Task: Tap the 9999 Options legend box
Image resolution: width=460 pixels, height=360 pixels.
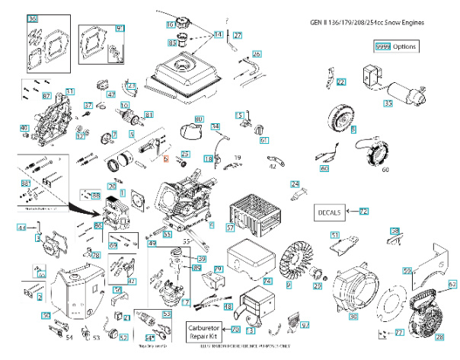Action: [x=396, y=46]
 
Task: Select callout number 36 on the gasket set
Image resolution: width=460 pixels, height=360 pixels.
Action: [x=32, y=18]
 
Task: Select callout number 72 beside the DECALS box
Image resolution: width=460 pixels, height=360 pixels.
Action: [x=363, y=211]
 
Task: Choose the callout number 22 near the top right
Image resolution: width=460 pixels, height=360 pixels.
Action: [x=341, y=82]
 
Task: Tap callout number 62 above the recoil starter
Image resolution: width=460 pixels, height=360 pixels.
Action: [x=452, y=284]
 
